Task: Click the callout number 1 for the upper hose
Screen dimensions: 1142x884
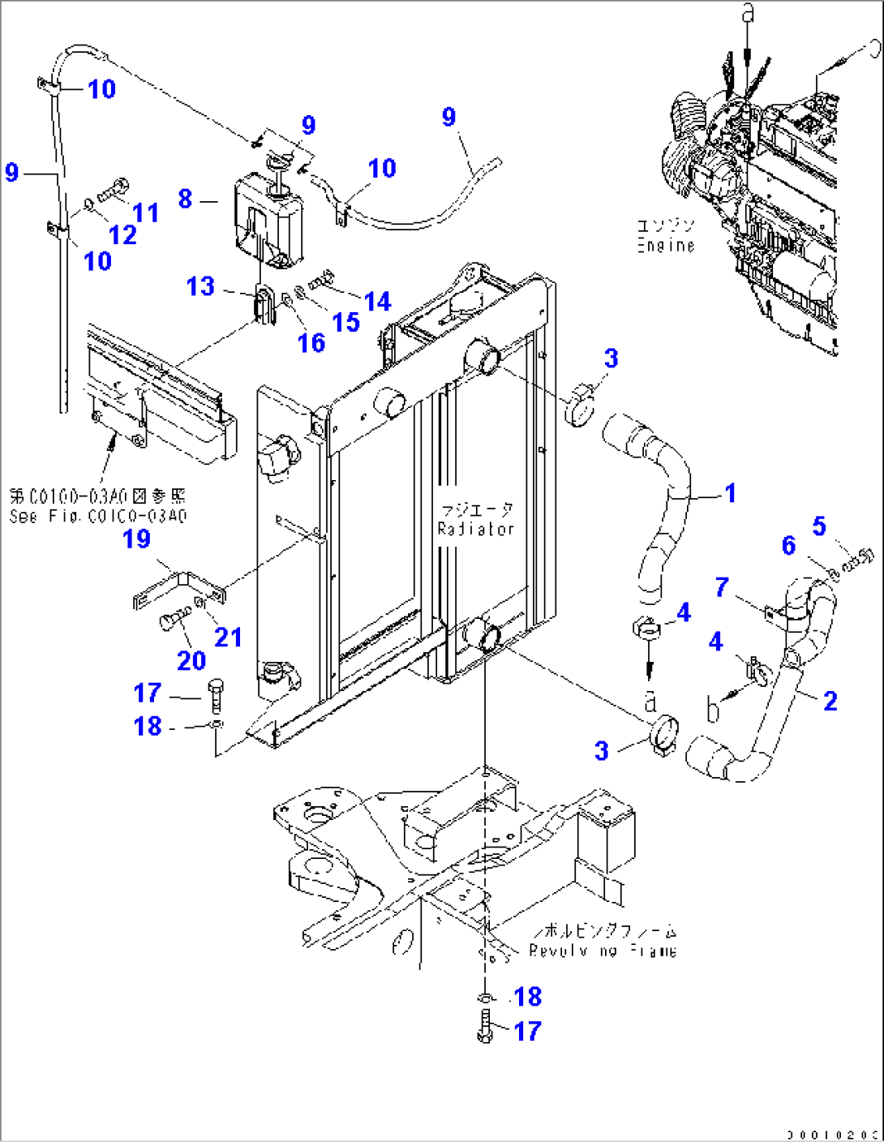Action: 730,493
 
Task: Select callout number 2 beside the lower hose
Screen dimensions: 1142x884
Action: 830,701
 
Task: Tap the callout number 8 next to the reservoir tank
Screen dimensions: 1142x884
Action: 186,199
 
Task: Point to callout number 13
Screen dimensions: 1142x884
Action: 200,286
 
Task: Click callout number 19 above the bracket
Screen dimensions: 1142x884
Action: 136,539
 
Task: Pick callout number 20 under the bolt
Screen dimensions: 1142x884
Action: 191,660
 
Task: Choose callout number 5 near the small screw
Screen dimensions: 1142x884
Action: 819,526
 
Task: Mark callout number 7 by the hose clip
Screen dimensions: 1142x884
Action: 722,587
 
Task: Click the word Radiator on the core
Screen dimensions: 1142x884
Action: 476,529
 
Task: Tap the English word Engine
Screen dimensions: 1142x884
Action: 666,245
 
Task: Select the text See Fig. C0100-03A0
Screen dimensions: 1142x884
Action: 97,516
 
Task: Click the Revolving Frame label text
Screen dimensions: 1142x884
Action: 603,951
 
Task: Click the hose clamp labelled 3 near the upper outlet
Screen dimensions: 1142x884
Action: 581,406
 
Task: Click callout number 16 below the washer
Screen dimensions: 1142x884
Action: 311,343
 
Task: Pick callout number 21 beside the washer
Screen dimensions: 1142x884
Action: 228,638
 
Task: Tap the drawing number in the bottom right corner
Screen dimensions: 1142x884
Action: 832,1134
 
